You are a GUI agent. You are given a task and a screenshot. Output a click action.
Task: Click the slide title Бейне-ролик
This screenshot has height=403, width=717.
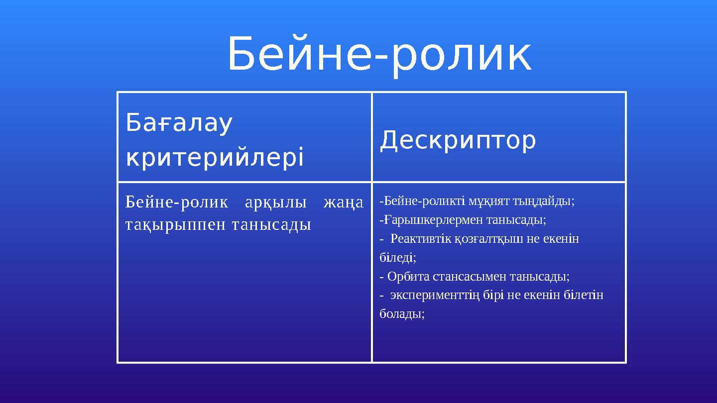click(x=379, y=55)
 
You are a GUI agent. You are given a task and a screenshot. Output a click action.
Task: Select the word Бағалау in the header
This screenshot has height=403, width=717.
click(x=179, y=123)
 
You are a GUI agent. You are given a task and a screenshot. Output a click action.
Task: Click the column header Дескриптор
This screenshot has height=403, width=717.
click(x=458, y=140)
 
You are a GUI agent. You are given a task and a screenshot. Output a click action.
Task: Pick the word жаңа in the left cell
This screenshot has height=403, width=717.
click(x=343, y=203)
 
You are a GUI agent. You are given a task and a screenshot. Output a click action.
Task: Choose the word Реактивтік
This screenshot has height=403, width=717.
click(x=421, y=239)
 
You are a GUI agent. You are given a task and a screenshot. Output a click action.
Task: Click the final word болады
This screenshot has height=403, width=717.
click(x=401, y=314)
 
